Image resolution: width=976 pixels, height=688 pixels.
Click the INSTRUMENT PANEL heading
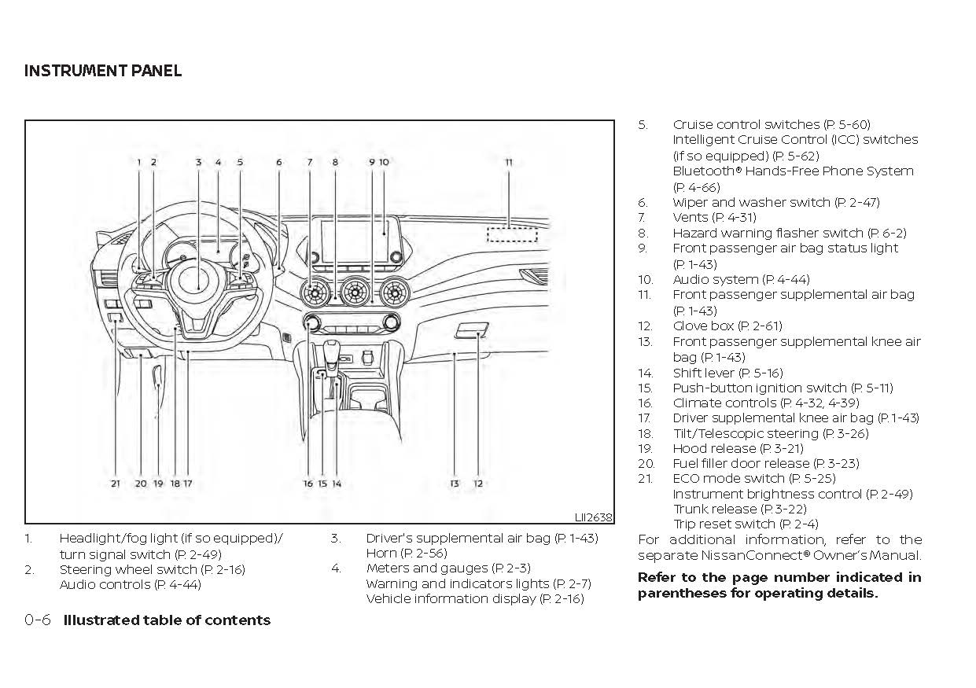[103, 71]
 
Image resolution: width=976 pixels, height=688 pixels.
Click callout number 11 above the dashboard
[509, 163]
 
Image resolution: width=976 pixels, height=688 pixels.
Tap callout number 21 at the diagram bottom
[116, 484]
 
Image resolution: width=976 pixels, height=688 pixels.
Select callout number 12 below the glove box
[478, 484]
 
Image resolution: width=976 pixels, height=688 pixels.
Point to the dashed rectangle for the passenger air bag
[511, 234]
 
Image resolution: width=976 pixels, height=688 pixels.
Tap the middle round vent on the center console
[355, 294]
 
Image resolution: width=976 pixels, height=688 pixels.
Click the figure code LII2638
[593, 517]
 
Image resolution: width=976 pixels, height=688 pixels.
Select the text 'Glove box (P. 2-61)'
[727, 326]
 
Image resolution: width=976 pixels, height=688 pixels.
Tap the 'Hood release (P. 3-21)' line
[738, 448]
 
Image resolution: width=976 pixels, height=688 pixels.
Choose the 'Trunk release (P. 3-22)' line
[739, 509]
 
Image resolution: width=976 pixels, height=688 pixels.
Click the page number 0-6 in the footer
[38, 620]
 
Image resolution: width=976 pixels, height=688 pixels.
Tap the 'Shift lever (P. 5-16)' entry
[727, 373]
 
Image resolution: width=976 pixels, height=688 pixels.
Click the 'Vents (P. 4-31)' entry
[714, 217]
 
